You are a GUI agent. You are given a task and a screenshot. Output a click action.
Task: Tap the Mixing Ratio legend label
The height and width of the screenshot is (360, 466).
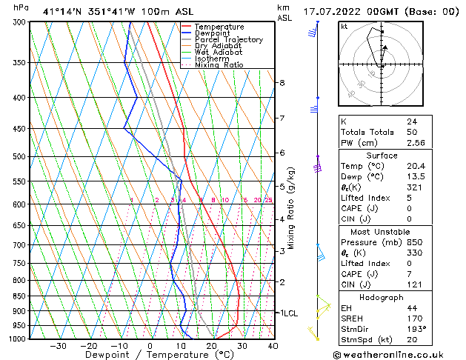(x=219, y=65)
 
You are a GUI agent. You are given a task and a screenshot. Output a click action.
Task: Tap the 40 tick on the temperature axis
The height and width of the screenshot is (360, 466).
(x=273, y=346)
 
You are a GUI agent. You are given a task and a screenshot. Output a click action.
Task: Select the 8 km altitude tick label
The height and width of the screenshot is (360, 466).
(x=282, y=82)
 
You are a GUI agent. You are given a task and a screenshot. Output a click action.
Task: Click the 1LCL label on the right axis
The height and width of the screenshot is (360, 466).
(x=288, y=313)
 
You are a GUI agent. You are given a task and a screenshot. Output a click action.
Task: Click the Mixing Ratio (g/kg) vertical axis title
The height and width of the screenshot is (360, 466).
(x=291, y=208)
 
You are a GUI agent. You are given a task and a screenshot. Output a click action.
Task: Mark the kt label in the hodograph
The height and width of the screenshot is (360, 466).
(x=344, y=27)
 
